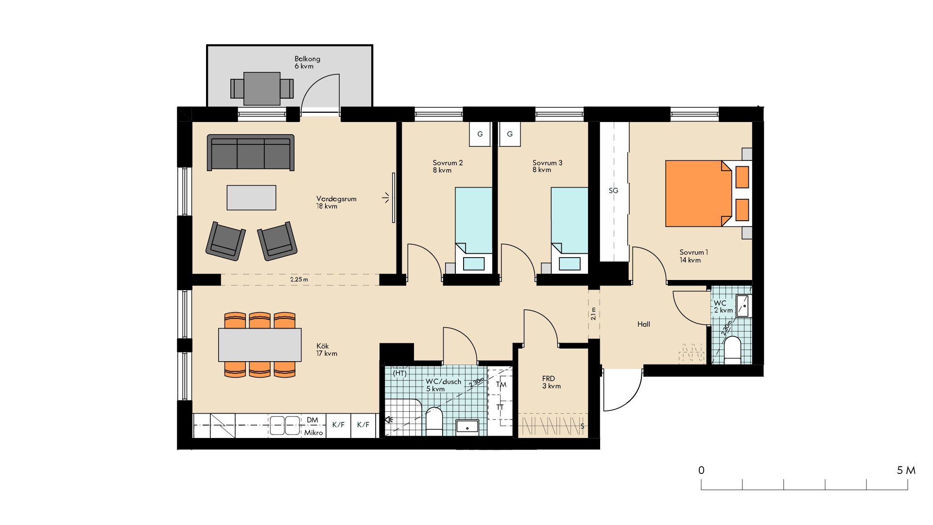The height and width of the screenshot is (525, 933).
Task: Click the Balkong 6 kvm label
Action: (307, 62)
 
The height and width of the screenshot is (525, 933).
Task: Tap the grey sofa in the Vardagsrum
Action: (251, 153)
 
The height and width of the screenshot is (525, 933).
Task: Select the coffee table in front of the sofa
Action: (251, 197)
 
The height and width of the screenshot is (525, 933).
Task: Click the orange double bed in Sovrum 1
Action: (699, 193)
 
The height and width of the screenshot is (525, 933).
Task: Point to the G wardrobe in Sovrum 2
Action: (480, 134)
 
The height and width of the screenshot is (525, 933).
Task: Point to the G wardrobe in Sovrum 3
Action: (510, 134)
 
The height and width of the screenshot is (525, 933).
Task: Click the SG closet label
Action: (614, 191)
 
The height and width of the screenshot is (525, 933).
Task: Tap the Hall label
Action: (644, 324)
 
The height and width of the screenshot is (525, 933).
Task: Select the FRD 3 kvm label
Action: (552, 382)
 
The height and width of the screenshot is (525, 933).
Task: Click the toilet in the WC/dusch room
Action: (434, 421)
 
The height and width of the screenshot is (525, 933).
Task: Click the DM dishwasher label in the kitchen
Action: (312, 420)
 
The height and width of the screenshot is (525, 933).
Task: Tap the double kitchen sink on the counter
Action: (285, 425)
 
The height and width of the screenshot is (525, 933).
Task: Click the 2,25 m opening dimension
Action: (299, 280)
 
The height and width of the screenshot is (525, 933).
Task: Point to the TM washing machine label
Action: (501, 385)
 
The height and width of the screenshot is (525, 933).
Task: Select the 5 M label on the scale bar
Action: (906, 470)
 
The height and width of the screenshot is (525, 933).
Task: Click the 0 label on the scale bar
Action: (701, 470)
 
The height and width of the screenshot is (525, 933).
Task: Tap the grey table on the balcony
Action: (262, 88)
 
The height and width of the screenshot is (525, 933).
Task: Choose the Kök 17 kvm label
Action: (327, 350)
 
